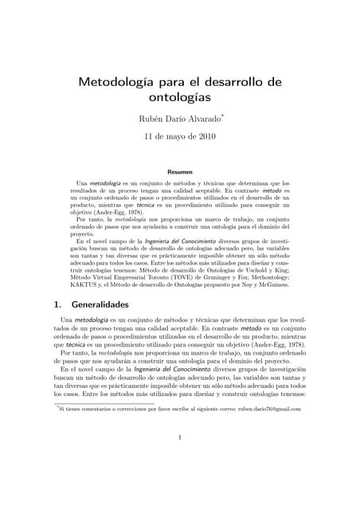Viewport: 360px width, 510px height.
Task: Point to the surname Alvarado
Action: pyautogui.click(x=204, y=120)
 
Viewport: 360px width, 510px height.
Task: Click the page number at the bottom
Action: pyautogui.click(x=180, y=437)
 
